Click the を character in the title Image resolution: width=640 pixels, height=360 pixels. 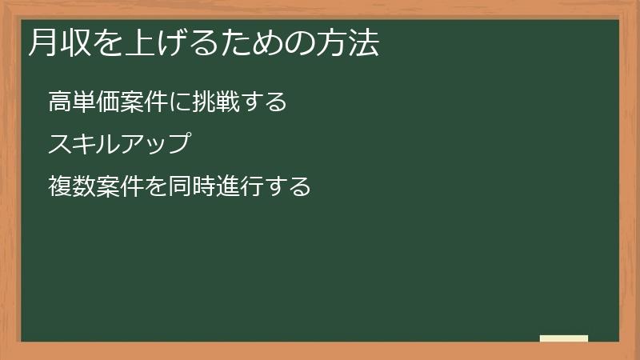103,44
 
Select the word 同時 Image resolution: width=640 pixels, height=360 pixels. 188,187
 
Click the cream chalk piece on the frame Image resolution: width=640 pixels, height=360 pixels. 564,338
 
